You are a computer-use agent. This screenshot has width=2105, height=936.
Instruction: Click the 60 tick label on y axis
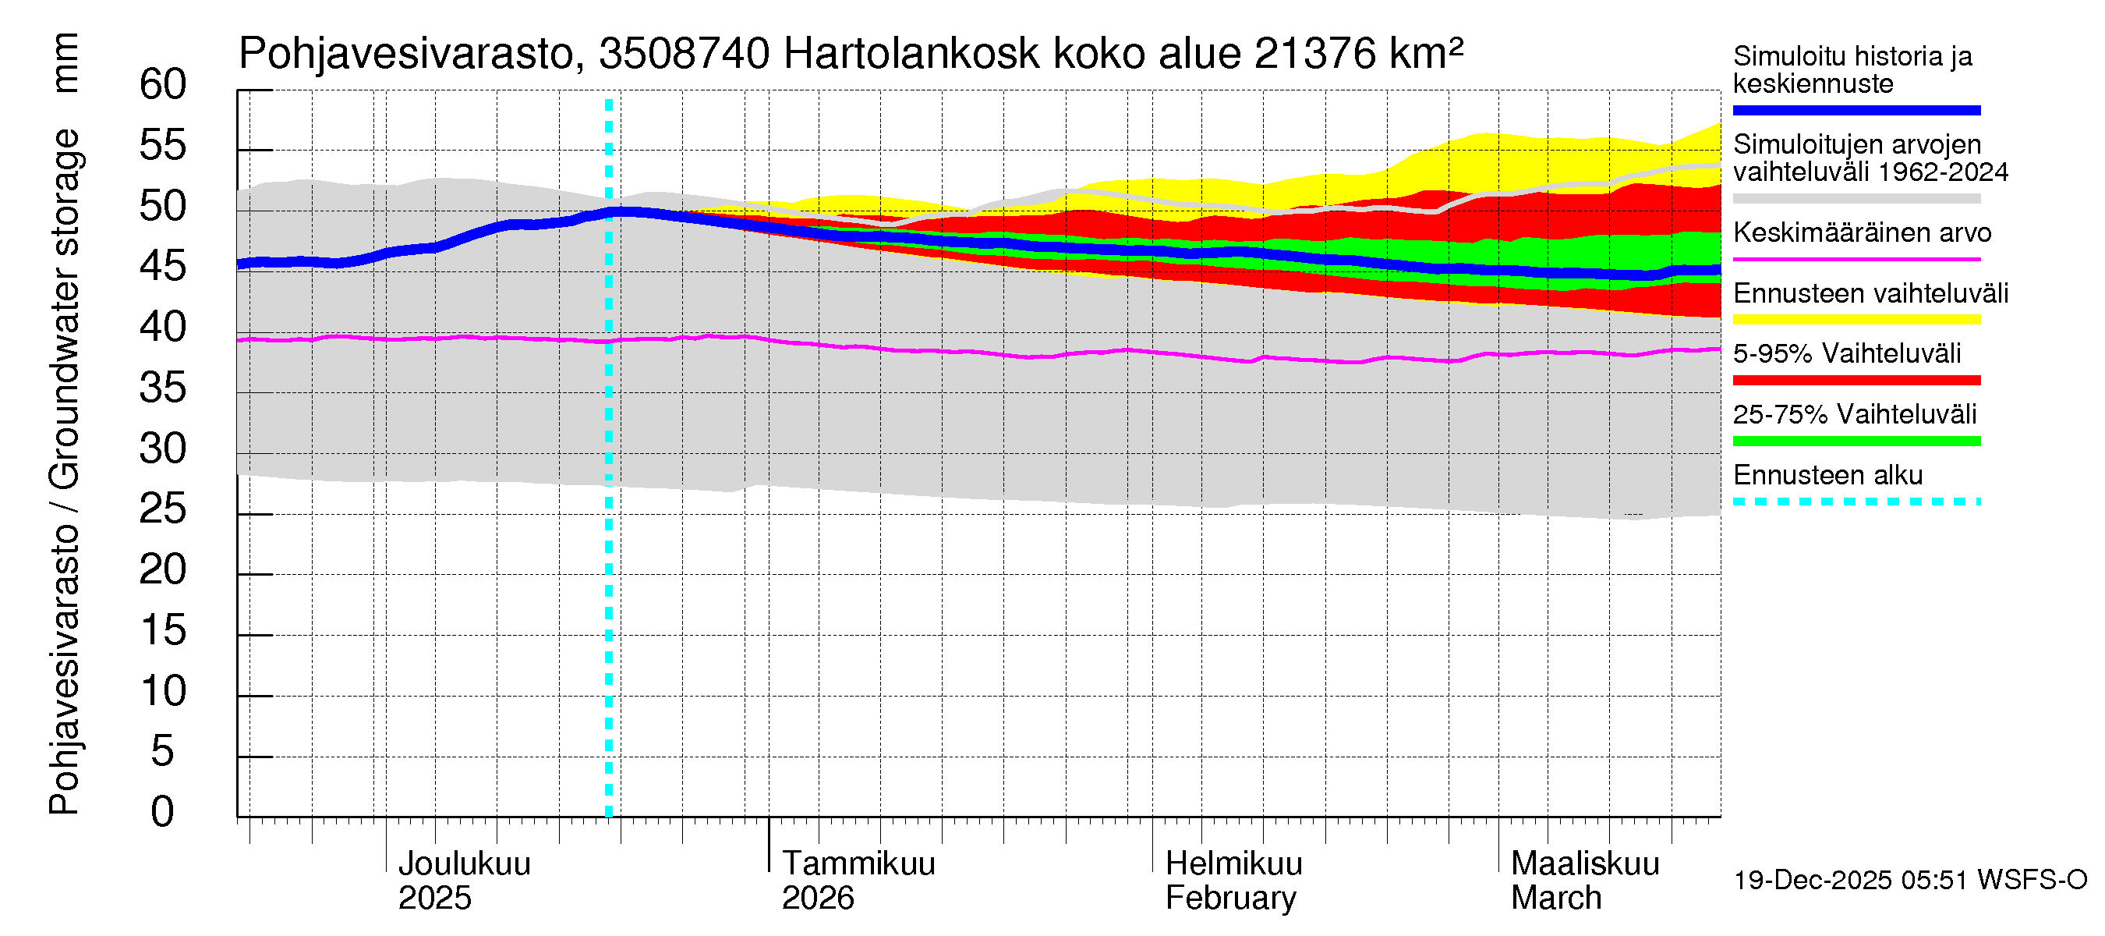click(x=163, y=85)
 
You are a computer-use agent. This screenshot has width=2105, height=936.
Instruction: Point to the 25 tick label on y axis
click(x=163, y=509)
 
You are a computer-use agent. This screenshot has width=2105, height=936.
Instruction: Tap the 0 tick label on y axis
click(x=163, y=812)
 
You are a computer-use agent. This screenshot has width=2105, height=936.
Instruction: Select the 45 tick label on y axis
click(x=163, y=267)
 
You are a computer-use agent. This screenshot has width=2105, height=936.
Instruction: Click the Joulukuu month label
click(x=463, y=863)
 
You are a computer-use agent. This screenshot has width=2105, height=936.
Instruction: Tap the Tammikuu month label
click(x=858, y=863)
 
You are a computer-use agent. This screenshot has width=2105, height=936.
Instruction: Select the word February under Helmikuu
click(x=1229, y=898)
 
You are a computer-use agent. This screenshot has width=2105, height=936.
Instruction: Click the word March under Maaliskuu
click(x=1556, y=898)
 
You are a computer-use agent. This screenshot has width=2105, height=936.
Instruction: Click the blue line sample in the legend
click(x=1856, y=110)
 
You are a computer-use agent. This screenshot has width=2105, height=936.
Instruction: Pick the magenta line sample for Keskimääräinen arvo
click(x=1856, y=259)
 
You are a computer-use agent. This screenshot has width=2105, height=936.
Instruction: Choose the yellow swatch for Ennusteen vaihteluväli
click(x=1856, y=320)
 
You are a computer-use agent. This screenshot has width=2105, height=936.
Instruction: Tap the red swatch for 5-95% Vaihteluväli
click(x=1856, y=380)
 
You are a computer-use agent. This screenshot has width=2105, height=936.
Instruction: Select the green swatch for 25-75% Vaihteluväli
click(x=1856, y=441)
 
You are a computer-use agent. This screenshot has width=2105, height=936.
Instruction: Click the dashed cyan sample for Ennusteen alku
click(x=1856, y=502)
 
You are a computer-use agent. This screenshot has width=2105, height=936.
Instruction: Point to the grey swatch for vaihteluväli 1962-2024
click(x=1856, y=199)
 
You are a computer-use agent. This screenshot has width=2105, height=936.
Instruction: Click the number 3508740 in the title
click(x=684, y=55)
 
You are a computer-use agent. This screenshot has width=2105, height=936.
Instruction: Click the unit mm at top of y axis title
click(x=65, y=63)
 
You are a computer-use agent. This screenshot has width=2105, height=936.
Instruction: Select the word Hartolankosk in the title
click(x=911, y=55)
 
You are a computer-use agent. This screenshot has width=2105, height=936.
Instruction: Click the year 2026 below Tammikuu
click(x=817, y=898)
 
